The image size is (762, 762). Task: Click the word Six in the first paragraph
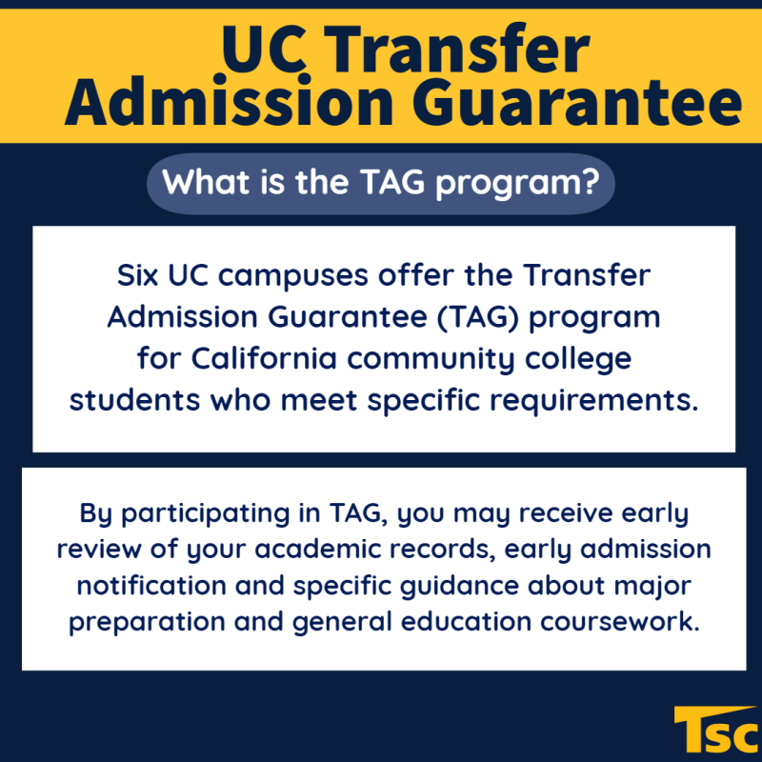click(x=137, y=275)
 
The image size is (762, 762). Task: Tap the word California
click(x=264, y=358)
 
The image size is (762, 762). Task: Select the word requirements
click(x=593, y=401)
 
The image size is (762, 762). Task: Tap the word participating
click(x=205, y=514)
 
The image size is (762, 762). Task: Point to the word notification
click(x=151, y=585)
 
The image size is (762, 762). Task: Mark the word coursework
click(x=620, y=621)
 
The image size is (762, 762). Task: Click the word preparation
click(x=147, y=623)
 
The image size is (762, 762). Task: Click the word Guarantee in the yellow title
click(x=577, y=103)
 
